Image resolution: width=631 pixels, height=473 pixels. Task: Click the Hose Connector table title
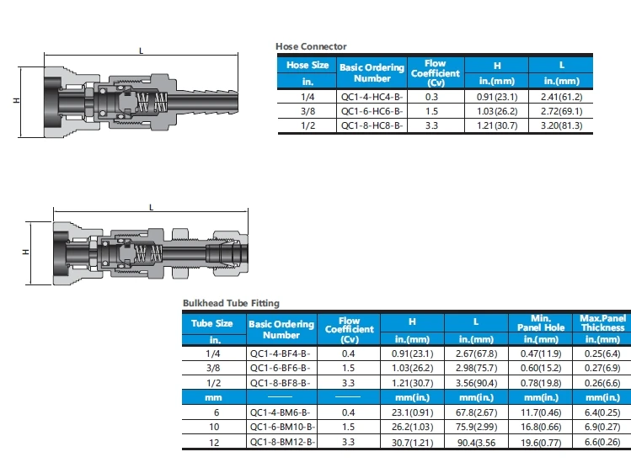point(311,46)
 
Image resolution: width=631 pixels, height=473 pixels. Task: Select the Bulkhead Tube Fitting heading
point(231,303)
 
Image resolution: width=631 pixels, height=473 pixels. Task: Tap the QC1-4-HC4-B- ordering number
point(372,97)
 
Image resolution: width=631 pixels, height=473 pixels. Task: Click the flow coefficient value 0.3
point(435,97)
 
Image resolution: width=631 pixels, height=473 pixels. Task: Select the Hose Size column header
point(307,64)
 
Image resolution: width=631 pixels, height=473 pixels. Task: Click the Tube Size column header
point(212,323)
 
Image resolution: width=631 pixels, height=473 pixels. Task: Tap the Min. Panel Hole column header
point(539,323)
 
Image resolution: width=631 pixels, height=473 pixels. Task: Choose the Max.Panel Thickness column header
point(602,323)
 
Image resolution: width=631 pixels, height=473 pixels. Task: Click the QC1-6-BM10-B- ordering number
point(283,428)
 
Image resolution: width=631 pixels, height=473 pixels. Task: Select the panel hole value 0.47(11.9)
point(539,354)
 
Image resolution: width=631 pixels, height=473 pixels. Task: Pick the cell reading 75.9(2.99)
point(476,428)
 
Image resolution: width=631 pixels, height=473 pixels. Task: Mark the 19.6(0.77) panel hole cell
point(539,442)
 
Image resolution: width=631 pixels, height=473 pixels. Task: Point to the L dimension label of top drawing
point(142,51)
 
